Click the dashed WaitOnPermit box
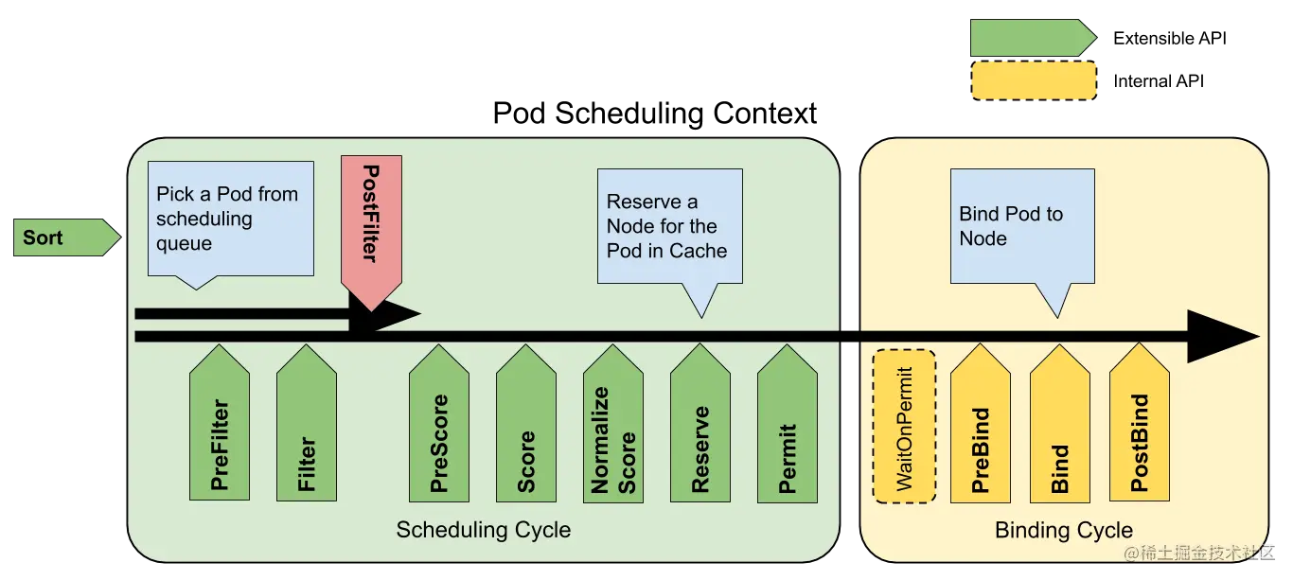[x=904, y=426]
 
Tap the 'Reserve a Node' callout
[x=669, y=226]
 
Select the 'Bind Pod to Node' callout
[x=1022, y=226]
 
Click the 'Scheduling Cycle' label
[x=483, y=530]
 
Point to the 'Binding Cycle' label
[x=1063, y=531]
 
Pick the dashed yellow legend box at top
[x=1034, y=81]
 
